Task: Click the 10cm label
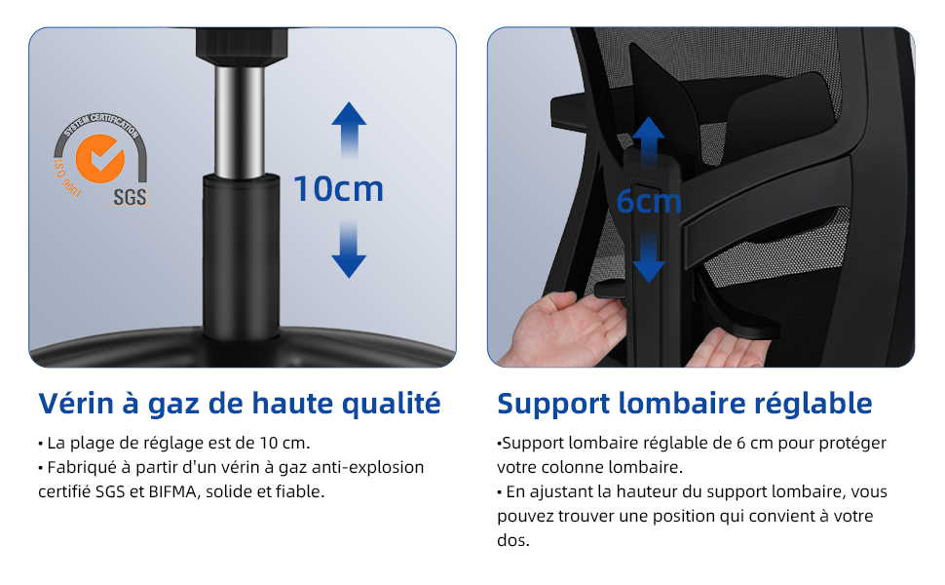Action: click(338, 189)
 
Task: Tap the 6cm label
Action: click(649, 202)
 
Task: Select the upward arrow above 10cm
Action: click(349, 131)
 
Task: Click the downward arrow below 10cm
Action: click(349, 249)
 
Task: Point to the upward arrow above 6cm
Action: click(649, 141)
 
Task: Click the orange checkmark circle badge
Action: click(100, 159)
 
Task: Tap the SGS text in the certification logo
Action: click(131, 197)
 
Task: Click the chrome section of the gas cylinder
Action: click(240, 123)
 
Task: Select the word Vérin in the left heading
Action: click(76, 404)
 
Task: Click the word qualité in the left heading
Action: click(391, 404)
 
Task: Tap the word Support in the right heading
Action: click(553, 405)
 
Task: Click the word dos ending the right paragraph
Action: click(511, 540)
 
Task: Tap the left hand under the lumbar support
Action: click(567, 329)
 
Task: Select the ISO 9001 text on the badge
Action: click(66, 177)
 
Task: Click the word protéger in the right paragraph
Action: click(851, 444)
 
